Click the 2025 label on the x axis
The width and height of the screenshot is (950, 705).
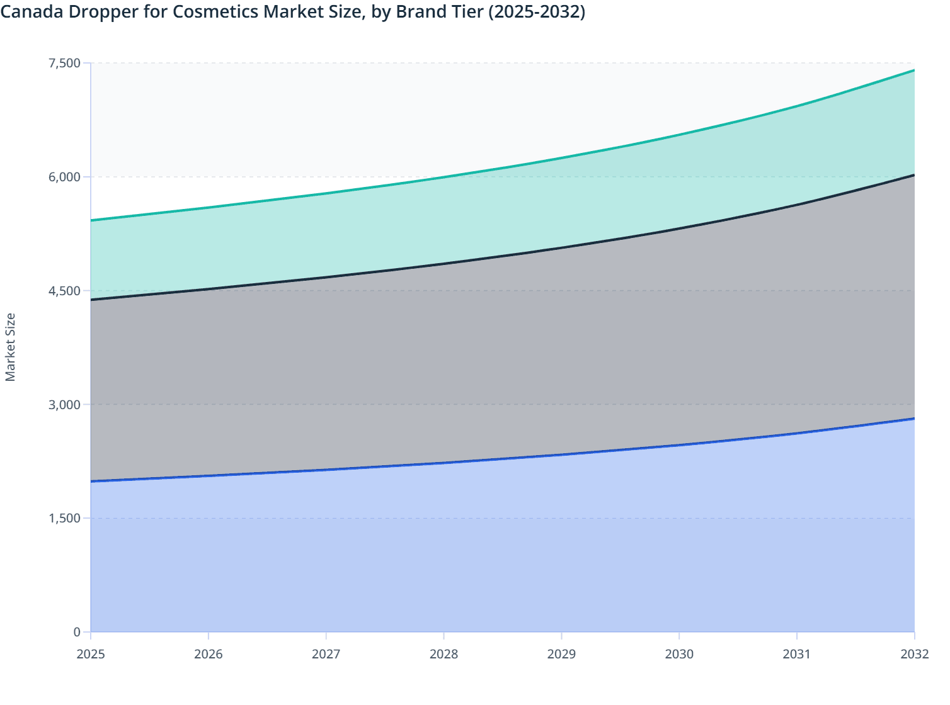91,654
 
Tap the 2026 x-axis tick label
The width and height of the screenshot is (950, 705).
209,654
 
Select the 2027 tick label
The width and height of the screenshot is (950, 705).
326,654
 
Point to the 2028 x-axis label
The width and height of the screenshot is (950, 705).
444,654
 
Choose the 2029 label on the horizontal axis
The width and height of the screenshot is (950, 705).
561,654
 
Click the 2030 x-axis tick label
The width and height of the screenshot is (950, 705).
679,654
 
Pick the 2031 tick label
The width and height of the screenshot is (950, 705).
796,654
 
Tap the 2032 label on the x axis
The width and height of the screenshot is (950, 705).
914,654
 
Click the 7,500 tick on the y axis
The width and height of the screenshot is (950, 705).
64,63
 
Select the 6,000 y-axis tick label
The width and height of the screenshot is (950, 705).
64,177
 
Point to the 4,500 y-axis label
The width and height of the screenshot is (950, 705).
64,291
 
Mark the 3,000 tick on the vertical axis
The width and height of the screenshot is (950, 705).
64,404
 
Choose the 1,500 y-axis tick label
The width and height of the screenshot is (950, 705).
64,518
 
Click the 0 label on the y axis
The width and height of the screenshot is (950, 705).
77,632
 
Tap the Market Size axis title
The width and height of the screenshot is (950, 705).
10,347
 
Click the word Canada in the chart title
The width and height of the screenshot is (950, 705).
30,11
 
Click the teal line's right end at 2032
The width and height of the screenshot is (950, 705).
914,70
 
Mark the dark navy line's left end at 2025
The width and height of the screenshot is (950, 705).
91,300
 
